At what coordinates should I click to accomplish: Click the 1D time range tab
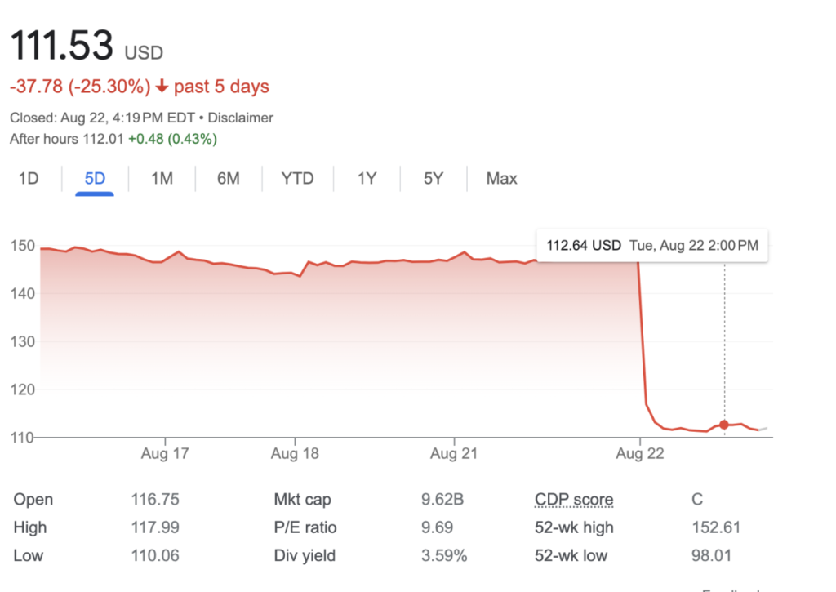[x=29, y=178]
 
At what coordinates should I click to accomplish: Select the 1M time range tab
[x=162, y=178]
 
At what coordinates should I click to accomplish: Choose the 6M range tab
[x=229, y=178]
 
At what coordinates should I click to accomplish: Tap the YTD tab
[x=297, y=178]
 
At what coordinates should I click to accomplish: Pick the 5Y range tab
[x=434, y=178]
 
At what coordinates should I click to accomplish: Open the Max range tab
[x=501, y=178]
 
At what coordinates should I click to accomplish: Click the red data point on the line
[x=724, y=425]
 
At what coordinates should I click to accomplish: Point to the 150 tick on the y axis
[x=21, y=246]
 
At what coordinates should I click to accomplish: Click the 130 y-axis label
[x=21, y=341]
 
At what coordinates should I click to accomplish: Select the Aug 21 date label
[x=454, y=452]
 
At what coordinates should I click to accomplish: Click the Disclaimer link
[x=241, y=118]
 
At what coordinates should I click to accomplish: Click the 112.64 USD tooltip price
[x=584, y=245]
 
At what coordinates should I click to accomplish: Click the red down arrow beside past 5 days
[x=162, y=87]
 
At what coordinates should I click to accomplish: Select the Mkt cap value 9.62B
[x=444, y=500]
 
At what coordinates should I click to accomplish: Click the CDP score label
[x=574, y=500]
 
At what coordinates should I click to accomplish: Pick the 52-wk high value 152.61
[x=715, y=527]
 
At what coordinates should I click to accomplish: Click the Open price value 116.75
[x=155, y=500]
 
